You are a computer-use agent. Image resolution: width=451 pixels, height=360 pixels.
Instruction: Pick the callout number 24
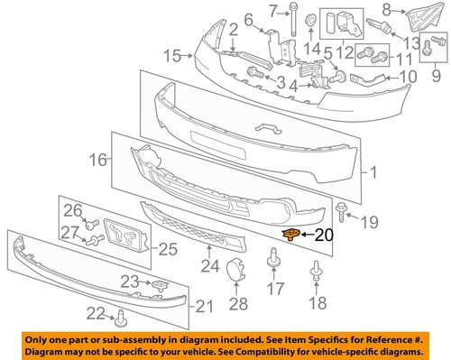(210, 266)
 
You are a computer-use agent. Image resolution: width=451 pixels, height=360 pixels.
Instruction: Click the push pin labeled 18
(316, 270)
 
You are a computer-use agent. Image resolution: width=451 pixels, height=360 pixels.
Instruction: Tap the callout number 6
(249, 19)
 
